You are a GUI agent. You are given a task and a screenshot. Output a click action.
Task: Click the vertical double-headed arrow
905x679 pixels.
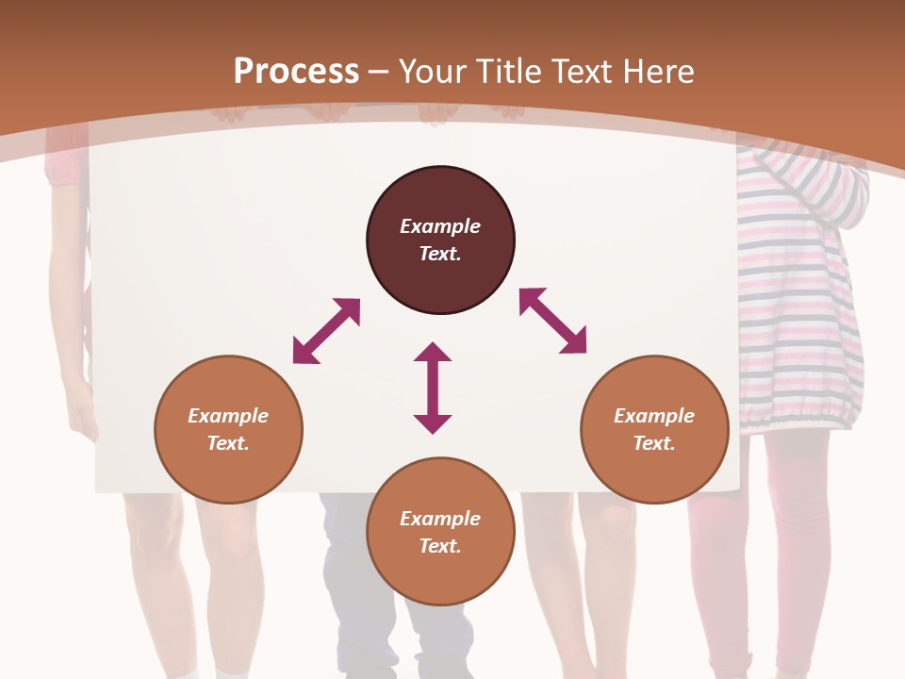(433, 388)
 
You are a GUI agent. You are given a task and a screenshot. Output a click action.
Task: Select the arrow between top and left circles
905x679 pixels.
(326, 330)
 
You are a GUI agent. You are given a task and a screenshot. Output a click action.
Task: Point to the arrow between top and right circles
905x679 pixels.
(553, 321)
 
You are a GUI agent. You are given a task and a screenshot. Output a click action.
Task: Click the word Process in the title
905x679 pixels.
(296, 71)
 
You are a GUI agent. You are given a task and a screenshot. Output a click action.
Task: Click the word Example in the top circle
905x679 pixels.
(440, 226)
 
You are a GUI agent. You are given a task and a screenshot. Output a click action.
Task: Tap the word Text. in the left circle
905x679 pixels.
(228, 443)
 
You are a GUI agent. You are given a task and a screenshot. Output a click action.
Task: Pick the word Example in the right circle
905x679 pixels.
(654, 416)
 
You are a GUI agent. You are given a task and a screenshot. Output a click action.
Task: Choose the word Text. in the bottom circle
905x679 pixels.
(440, 546)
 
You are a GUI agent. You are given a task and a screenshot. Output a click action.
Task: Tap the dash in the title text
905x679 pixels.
(379, 72)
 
